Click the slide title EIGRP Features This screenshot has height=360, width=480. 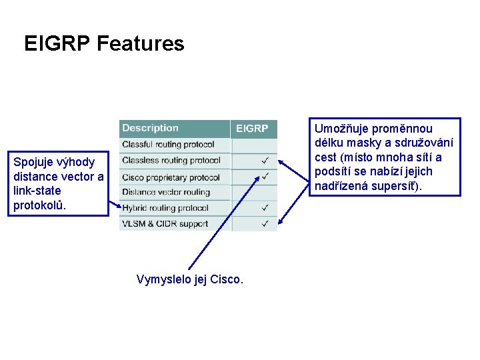tap(104, 44)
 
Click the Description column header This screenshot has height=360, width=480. tap(150, 128)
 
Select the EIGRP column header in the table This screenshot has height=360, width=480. tap(252, 129)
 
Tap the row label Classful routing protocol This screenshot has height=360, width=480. tap(168, 144)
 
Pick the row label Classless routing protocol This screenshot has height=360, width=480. tap(171, 160)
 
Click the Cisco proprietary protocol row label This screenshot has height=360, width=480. tap(171, 177)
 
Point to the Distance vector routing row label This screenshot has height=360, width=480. tap(165, 192)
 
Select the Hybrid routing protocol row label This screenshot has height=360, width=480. tap(165, 208)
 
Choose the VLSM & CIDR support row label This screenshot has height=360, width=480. tap(165, 224)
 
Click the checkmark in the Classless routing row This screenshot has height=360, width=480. tap(265, 161)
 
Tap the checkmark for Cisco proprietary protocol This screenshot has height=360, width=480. tap(265, 177)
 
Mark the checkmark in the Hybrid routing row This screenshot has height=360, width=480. tap(265, 208)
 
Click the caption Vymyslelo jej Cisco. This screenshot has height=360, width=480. tap(189, 279)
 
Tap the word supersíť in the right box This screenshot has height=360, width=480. tap(397, 185)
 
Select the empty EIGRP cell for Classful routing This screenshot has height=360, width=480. tap(253, 145)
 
